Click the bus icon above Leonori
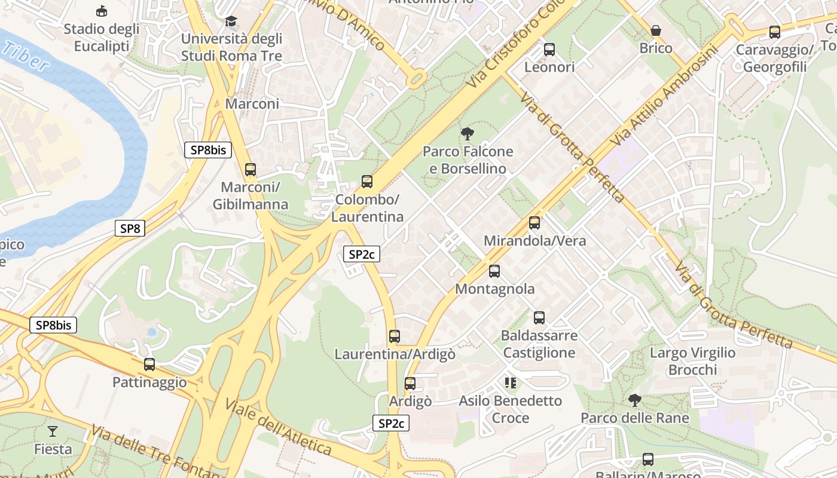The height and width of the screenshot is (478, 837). [549, 50]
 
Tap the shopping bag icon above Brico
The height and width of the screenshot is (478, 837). [656, 30]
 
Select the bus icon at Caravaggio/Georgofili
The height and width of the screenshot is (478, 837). [775, 32]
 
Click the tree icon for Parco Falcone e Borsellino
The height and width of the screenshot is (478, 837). [468, 134]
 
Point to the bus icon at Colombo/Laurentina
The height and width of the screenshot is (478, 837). [367, 182]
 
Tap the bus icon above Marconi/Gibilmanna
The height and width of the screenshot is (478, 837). [251, 170]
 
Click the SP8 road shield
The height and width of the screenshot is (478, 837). [130, 228]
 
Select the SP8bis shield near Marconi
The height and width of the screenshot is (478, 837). [207, 150]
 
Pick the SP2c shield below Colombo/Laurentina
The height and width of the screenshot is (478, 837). [362, 254]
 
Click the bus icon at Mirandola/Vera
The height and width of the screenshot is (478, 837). [534, 223]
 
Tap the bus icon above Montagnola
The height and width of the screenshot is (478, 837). [494, 271]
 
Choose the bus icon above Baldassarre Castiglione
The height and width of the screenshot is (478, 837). [539, 318]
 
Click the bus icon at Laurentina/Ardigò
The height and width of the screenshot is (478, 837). [395, 336]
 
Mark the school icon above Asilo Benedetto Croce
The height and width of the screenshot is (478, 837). [510, 382]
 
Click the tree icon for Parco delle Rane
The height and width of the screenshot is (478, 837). [635, 400]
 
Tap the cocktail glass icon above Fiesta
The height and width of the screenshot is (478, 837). [53, 431]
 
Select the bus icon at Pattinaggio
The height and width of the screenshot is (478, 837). [149, 364]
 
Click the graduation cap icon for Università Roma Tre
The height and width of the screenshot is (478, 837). [231, 22]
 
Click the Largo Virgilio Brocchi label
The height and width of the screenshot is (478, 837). [692, 361]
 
